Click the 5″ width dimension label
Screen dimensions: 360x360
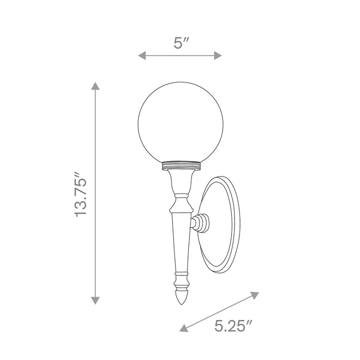pyautogui.click(x=181, y=42)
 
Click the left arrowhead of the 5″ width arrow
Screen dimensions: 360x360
pyautogui.click(x=142, y=55)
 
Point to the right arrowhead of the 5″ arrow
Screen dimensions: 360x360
pyautogui.click(x=217, y=55)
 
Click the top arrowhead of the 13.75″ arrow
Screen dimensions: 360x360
pyautogui.click(x=95, y=85)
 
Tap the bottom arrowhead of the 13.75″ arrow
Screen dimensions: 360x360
pyautogui.click(x=95, y=300)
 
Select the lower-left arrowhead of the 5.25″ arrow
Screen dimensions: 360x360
pyautogui.click(x=183, y=328)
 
